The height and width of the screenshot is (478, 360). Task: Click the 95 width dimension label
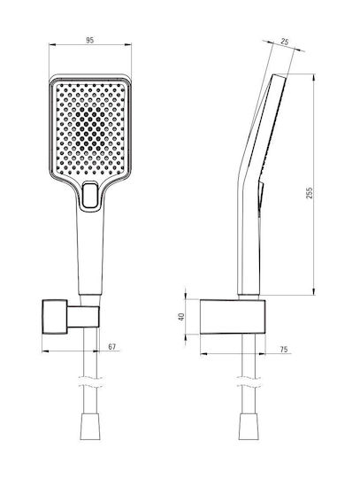pyautogui.click(x=90, y=40)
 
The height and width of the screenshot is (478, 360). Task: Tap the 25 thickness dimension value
pyautogui.click(x=285, y=42)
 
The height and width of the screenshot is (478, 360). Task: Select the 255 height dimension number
pyautogui.click(x=309, y=193)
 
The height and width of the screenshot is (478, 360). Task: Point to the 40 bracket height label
pyautogui.click(x=181, y=317)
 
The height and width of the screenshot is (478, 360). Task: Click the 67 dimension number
pyautogui.click(x=112, y=347)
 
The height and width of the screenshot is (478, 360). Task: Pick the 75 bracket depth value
pyautogui.click(x=284, y=350)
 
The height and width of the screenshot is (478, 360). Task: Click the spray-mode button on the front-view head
pyautogui.click(x=90, y=195)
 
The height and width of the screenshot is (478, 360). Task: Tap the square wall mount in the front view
pyautogui.click(x=55, y=317)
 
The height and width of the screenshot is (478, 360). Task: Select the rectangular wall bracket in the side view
pyautogui.click(x=233, y=317)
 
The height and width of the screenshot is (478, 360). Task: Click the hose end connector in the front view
pyautogui.click(x=90, y=427)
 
